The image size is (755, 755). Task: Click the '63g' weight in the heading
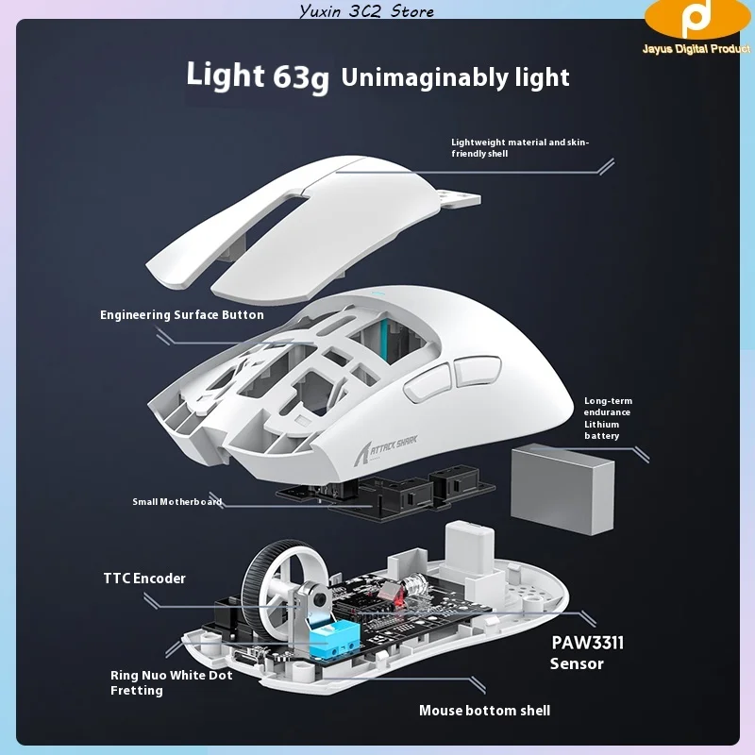pos(300,77)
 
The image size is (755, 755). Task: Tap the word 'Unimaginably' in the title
pos(409,76)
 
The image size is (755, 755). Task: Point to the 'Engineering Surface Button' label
pos(182,314)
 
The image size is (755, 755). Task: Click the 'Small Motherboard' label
pos(176,501)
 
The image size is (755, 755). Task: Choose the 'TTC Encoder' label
pos(144,578)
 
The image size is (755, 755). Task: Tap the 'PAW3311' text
pos(587,644)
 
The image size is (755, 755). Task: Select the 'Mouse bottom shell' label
pos(484,710)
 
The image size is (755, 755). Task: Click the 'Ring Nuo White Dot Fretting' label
pos(171,682)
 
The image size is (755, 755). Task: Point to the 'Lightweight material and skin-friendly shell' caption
pos(519,147)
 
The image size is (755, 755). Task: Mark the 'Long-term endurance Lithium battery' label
pos(608,418)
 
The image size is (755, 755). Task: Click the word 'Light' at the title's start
pos(226,75)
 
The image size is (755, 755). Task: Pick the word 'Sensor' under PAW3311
pos(577,663)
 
